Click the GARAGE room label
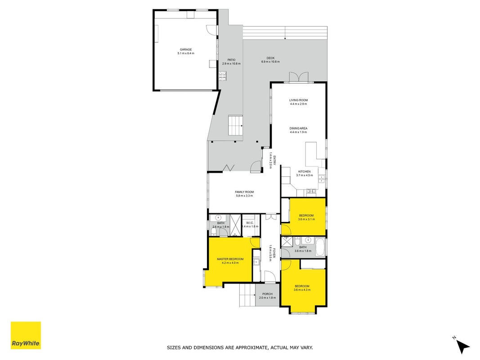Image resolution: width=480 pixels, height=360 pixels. [x=185, y=49]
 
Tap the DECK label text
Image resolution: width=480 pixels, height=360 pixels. [x=270, y=58]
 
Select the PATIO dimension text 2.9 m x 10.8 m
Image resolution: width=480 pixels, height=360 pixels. [x=231, y=63]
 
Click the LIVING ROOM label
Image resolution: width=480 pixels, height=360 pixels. [x=298, y=100]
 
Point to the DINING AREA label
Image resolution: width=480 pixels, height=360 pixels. [x=298, y=129]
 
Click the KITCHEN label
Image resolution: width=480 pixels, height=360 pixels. [x=304, y=172]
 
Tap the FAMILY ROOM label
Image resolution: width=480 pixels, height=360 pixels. [x=244, y=192]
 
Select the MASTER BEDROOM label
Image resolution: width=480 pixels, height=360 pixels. [x=230, y=259]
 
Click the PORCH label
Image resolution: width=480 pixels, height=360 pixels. [x=267, y=294]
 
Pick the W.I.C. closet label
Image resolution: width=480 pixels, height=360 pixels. [x=250, y=223]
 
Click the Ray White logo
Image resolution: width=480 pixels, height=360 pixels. [x=26, y=335]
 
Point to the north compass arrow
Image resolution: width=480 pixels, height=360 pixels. [x=463, y=346]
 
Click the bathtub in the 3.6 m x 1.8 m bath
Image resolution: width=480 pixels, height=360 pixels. [x=320, y=247]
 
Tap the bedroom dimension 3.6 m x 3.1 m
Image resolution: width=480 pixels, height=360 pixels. [x=306, y=219]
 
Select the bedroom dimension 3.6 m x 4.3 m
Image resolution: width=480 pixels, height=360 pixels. [x=302, y=290]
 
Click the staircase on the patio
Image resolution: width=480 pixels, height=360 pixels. [x=235, y=126]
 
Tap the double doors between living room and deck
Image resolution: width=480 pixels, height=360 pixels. [x=298, y=77]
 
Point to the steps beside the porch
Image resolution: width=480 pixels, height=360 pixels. [x=247, y=295]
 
